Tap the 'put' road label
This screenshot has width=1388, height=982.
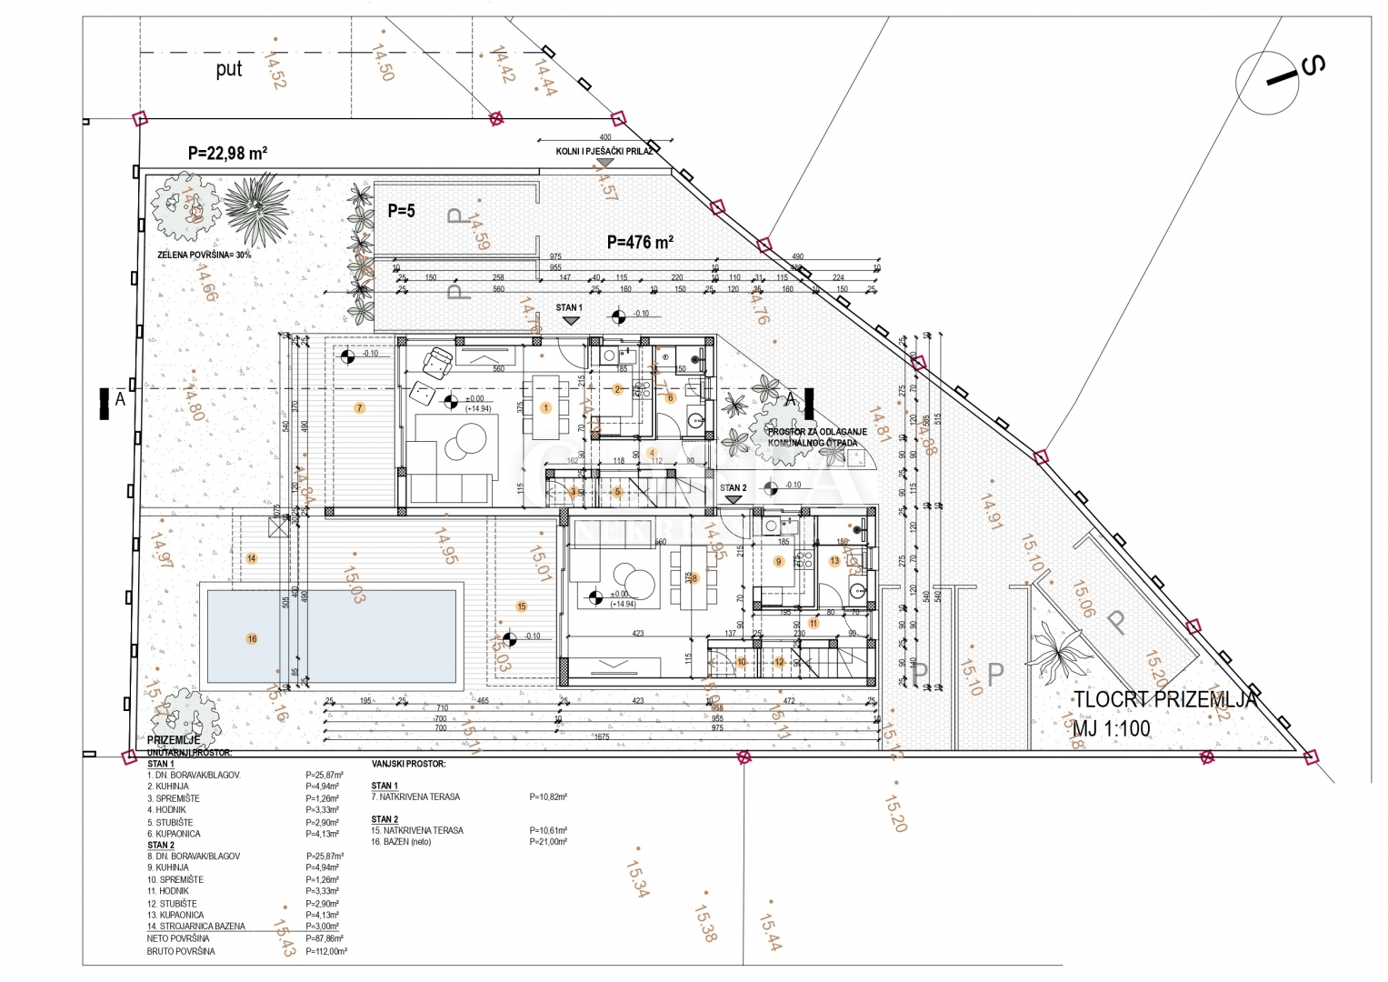tap(229, 69)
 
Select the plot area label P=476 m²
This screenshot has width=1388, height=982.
tap(640, 242)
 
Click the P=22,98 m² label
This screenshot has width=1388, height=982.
tap(227, 154)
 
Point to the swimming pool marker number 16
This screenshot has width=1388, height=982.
tap(252, 639)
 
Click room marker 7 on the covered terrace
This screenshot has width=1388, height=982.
tap(359, 408)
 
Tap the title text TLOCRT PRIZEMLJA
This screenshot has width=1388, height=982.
tap(1165, 699)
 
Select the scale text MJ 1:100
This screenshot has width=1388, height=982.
tap(1111, 728)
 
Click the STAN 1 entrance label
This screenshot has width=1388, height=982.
tap(569, 307)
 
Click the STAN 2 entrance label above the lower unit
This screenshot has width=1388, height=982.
tap(733, 488)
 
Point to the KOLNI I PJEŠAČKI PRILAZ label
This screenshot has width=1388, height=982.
tap(604, 151)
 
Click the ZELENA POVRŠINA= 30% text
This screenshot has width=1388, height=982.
tap(204, 256)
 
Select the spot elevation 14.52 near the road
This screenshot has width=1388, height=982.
tap(274, 68)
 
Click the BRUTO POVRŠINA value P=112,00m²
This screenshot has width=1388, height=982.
tap(326, 951)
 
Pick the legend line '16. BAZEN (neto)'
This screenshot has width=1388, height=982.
tap(401, 842)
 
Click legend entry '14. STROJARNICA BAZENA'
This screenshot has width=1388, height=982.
tap(196, 927)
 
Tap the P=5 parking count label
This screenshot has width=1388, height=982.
tap(401, 211)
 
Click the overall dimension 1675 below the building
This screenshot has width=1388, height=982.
tap(602, 736)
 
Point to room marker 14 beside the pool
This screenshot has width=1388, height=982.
tap(252, 558)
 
